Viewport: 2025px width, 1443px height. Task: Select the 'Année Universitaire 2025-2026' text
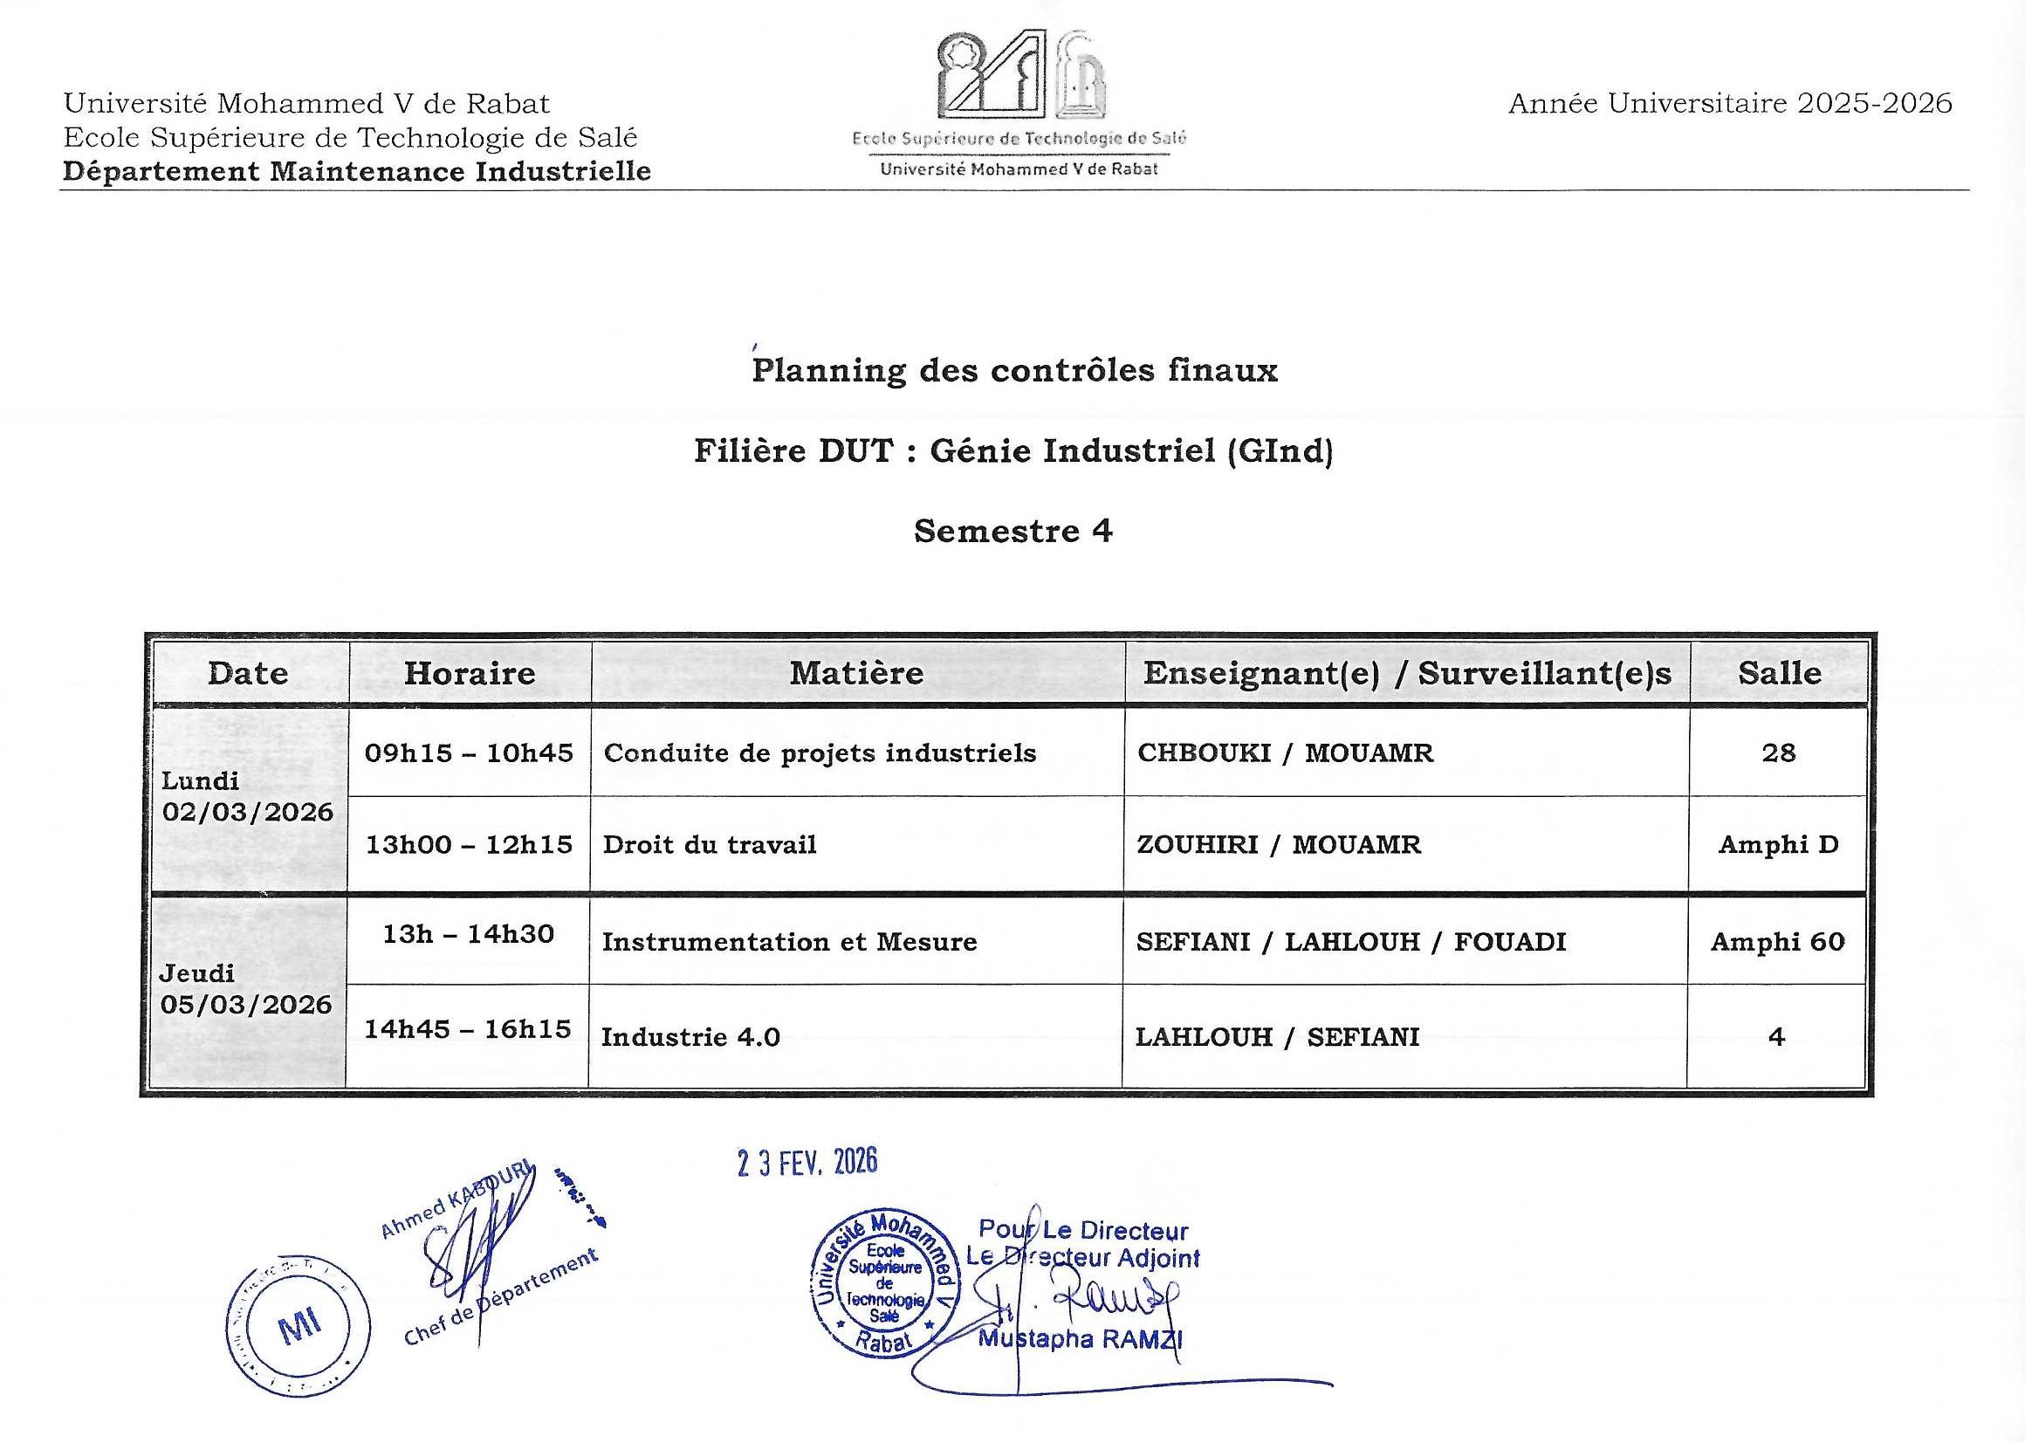(x=1730, y=104)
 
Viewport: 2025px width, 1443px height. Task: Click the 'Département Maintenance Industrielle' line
(x=357, y=170)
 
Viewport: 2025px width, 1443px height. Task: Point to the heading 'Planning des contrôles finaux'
(x=1014, y=370)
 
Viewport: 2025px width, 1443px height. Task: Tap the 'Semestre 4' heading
(x=1012, y=532)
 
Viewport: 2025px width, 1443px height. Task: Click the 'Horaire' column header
(x=470, y=673)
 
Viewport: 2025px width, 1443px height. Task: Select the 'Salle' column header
(x=1779, y=673)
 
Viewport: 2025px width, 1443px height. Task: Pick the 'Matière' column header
(x=856, y=673)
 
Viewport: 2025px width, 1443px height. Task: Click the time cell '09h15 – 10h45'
(x=469, y=752)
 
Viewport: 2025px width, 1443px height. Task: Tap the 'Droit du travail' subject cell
(x=710, y=844)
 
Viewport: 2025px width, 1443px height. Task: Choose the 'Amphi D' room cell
(x=1778, y=844)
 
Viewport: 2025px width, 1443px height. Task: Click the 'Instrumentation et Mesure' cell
(x=790, y=942)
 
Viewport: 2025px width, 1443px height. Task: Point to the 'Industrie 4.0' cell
(x=691, y=1037)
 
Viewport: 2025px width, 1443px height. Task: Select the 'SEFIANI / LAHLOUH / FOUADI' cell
(x=1351, y=942)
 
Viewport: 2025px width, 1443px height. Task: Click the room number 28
(x=1779, y=752)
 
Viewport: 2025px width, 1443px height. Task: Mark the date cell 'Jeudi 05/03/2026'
(x=246, y=989)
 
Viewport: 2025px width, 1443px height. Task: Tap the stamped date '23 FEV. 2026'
(x=807, y=1162)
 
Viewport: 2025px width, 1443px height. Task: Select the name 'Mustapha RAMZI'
(x=1080, y=1339)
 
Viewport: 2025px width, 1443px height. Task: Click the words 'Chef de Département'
(x=501, y=1297)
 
